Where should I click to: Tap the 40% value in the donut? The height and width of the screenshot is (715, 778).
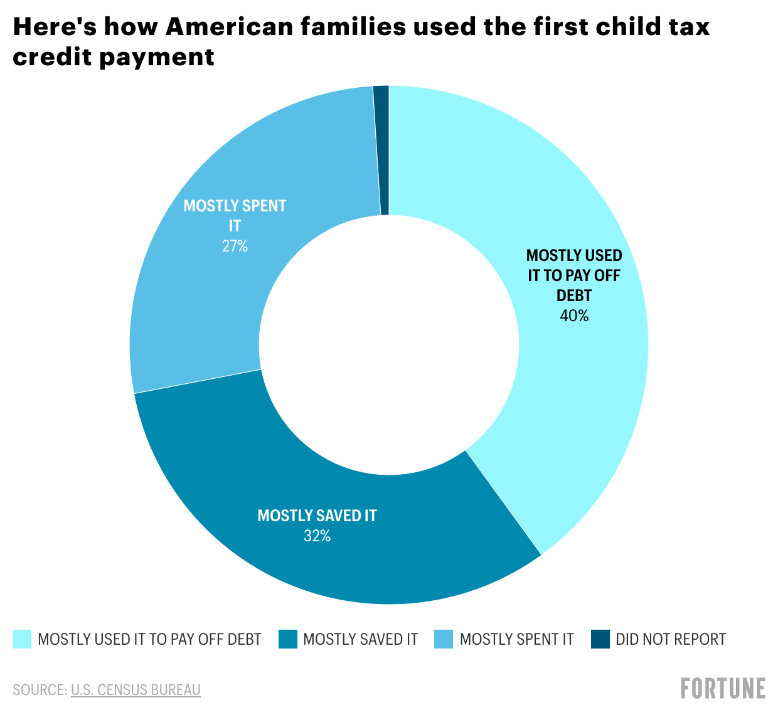574,316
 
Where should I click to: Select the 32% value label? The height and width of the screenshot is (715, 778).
317,536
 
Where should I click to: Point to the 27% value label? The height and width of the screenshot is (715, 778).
235,246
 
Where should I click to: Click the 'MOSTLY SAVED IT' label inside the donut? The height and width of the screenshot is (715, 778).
317,516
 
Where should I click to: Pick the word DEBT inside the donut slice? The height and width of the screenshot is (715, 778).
574,295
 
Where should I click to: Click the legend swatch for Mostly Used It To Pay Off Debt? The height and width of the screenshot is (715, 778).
22,639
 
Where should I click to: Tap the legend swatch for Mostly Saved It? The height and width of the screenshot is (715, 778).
288,639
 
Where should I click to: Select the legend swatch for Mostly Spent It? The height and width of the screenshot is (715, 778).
444,639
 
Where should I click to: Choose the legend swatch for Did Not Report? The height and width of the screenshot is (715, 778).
600,639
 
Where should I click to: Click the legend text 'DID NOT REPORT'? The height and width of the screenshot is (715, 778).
671,639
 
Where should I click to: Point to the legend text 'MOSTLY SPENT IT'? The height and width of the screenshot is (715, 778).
516,639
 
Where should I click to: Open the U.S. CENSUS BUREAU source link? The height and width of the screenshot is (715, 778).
136,690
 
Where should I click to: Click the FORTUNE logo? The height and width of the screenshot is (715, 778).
723,688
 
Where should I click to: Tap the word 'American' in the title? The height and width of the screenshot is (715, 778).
229,27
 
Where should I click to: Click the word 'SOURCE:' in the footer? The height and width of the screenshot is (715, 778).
40,690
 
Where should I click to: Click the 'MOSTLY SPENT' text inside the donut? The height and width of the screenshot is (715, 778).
235,206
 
